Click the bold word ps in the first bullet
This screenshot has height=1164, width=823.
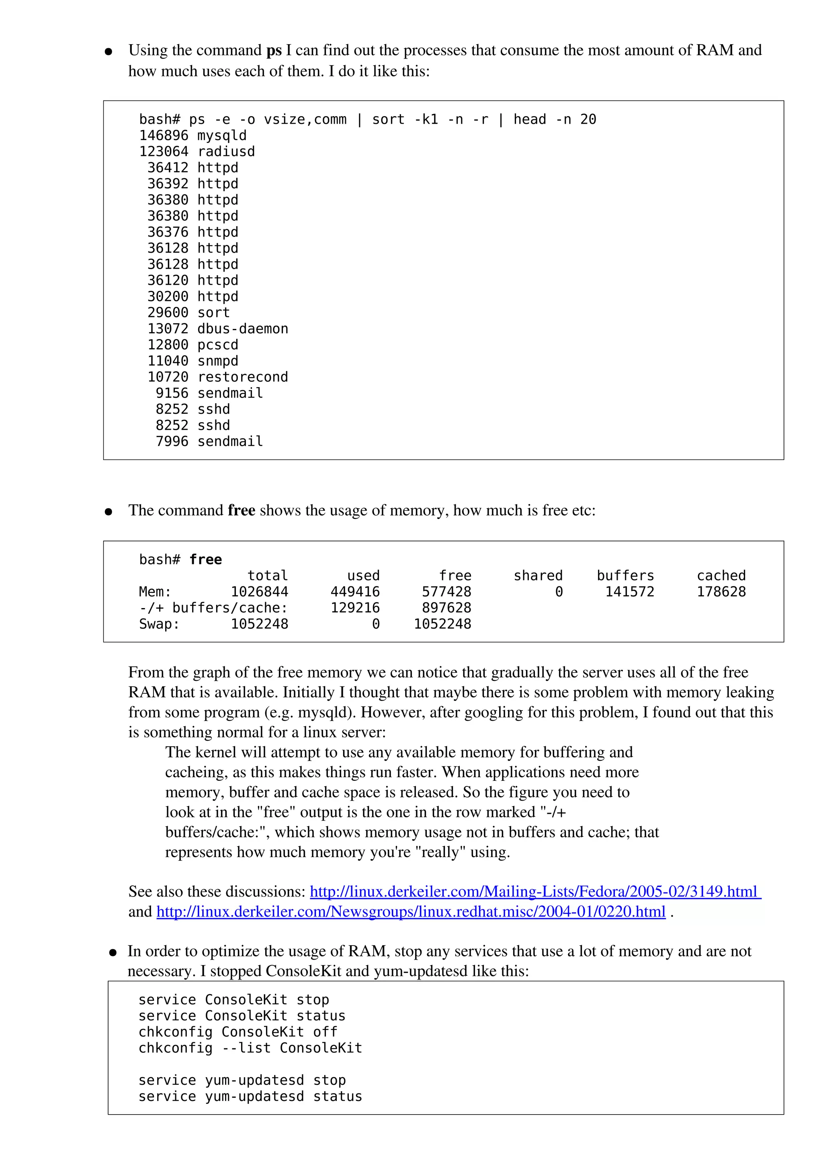click(x=274, y=51)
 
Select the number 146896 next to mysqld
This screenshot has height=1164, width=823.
click(x=163, y=136)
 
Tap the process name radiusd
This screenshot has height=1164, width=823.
click(x=226, y=151)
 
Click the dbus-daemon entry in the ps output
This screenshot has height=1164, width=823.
click(x=242, y=329)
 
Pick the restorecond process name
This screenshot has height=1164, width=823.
click(x=242, y=377)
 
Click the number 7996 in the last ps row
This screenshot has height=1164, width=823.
click(x=172, y=441)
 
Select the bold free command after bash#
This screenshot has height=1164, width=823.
click(x=205, y=560)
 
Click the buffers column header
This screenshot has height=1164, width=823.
click(x=625, y=576)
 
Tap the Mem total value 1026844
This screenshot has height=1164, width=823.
click(x=259, y=592)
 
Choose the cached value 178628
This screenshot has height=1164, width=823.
click(x=721, y=592)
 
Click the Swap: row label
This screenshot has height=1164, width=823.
click(x=159, y=624)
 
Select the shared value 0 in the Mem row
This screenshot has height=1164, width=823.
click(x=559, y=592)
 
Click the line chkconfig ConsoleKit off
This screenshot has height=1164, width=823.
click(x=238, y=1032)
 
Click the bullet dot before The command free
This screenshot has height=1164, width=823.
click(x=108, y=512)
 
